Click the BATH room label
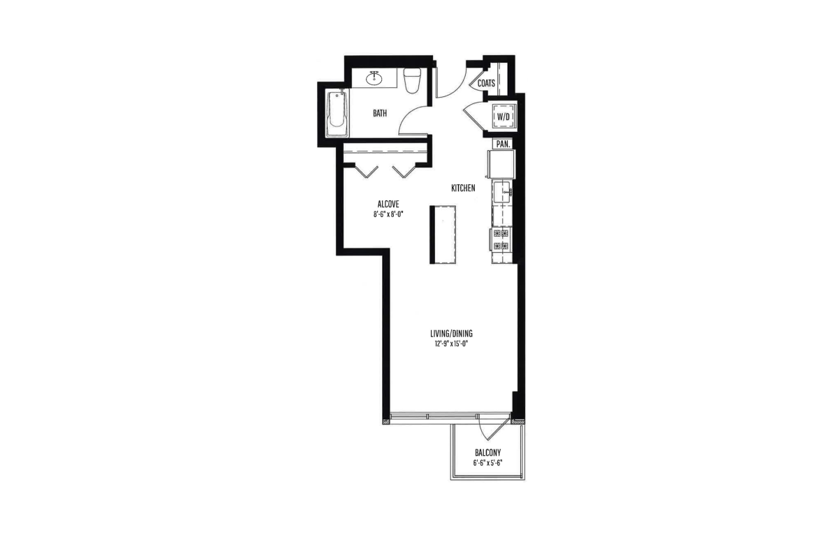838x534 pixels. click(380, 113)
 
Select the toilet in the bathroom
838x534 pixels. click(412, 80)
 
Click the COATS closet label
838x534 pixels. click(486, 83)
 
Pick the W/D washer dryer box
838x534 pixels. click(503, 117)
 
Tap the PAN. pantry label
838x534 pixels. click(503, 144)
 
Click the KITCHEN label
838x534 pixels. click(463, 188)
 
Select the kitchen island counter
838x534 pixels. click(443, 235)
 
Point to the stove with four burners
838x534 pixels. click(501, 239)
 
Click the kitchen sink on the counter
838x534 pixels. click(502, 192)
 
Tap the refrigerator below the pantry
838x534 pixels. click(501, 164)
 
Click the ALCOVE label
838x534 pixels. click(388, 204)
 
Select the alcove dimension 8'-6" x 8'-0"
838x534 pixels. click(388, 215)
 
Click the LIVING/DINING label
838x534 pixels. click(452, 333)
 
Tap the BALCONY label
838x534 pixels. click(488, 453)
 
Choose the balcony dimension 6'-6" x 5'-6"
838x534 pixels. click(487, 463)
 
